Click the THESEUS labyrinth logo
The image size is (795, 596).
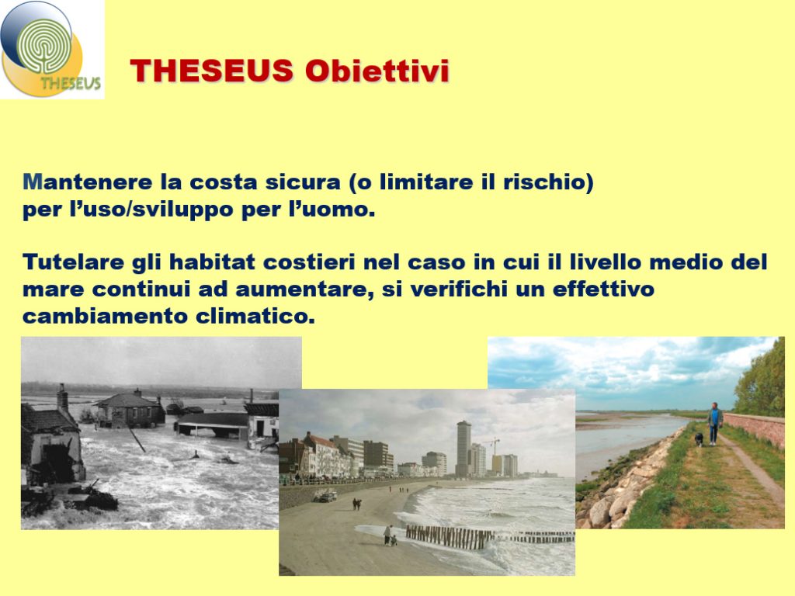click(x=52, y=49)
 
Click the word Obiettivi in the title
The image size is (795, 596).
click(x=377, y=71)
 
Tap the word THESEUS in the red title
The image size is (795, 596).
click(x=212, y=71)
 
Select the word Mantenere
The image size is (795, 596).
click(x=87, y=182)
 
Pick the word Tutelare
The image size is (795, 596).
click(x=73, y=262)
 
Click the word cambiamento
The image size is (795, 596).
click(x=106, y=317)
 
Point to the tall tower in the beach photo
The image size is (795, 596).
click(x=463, y=449)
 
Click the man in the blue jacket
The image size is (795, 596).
click(x=715, y=423)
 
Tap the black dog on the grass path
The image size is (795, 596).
click(x=699, y=439)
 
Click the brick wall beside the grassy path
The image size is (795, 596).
click(x=755, y=428)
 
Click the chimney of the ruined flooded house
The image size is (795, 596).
click(x=62, y=397)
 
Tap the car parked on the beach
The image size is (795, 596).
click(x=325, y=497)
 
